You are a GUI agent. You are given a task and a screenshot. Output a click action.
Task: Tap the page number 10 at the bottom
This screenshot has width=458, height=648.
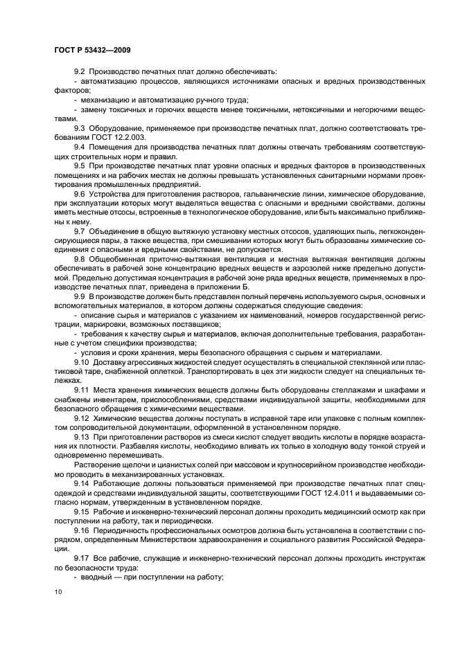click(x=58, y=591)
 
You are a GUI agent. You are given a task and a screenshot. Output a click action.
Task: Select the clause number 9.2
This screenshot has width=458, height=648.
click(x=80, y=72)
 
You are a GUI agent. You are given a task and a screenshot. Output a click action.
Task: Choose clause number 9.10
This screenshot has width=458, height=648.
click(x=82, y=361)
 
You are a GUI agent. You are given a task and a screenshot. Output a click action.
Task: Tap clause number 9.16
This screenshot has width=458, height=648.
click(x=82, y=529)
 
